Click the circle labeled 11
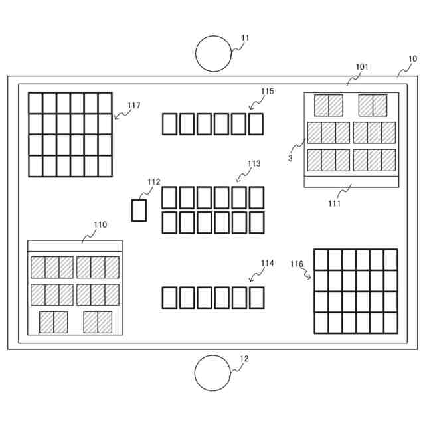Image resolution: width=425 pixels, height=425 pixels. click(213, 53)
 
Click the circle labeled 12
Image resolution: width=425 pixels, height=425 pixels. click(212, 373)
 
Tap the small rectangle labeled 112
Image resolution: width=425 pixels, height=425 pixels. click(139, 210)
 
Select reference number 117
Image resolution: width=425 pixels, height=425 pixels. click(133, 105)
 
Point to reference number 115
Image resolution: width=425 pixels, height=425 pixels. click(267, 92)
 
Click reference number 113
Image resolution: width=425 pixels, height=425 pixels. click(254, 163)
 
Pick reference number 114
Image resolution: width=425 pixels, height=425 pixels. click(267, 263)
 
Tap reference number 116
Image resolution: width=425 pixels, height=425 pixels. click(297, 264)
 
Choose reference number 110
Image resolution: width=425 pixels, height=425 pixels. click(100, 225)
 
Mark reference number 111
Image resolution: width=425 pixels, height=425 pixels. click(334, 203)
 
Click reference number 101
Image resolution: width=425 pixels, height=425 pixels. click(362, 67)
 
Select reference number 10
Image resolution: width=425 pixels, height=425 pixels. click(412, 59)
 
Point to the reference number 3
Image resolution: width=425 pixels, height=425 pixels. click(290, 158)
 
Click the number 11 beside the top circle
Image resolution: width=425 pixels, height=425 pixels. click(245, 38)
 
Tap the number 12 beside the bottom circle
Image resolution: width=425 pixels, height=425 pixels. click(244, 359)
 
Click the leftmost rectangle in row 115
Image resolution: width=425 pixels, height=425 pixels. click(169, 124)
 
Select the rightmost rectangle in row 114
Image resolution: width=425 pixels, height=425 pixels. click(256, 297)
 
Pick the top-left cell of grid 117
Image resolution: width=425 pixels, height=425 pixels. click(36, 103)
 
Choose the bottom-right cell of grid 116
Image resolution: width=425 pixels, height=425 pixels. click(390, 322)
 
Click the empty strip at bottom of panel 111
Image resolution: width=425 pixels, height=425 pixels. click(351, 181)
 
